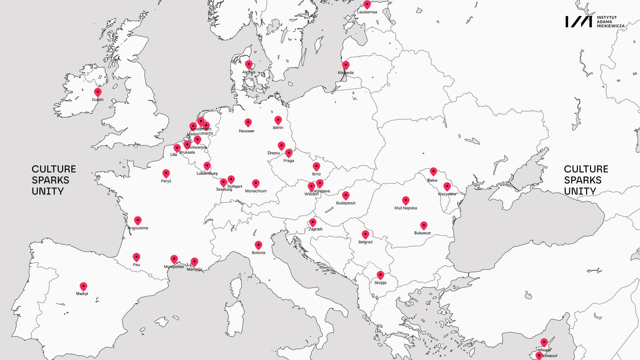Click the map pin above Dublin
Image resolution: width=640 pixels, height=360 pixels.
coord(98,92)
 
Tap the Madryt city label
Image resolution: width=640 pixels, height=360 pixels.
coord(82,294)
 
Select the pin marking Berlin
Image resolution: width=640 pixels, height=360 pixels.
coord(278,120)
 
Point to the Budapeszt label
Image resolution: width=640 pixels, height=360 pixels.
coord(346,203)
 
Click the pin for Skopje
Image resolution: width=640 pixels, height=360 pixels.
coord(380,275)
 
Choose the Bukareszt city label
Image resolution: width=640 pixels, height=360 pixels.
coord(422,233)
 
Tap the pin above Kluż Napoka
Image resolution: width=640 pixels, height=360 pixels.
coord(406,200)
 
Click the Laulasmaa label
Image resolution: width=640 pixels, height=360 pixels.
coord(367,12)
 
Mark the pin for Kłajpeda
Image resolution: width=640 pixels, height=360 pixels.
coord(346,65)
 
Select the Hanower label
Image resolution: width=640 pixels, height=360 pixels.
coord(247,131)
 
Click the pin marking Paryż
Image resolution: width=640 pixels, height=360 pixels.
coord(166,173)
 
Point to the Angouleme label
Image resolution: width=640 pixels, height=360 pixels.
coord(138,228)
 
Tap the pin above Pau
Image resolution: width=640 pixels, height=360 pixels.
coord(136,257)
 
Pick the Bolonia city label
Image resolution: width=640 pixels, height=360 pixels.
coord(258,253)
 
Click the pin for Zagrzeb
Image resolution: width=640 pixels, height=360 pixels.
coord(313,222)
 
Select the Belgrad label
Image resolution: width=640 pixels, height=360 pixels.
coord(365,242)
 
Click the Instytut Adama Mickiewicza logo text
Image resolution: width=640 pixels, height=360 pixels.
coord(610,22)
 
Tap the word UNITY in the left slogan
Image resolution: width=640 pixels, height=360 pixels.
coord(48,191)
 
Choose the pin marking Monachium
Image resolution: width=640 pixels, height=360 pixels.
coord(256,183)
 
